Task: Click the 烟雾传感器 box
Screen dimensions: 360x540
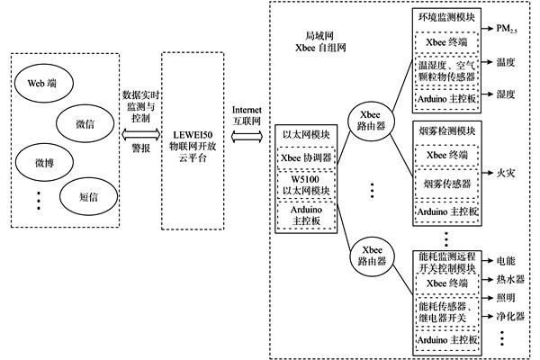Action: coord(446,184)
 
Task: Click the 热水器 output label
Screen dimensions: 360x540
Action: coord(513,278)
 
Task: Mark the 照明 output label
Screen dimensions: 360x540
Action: coord(509,298)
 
